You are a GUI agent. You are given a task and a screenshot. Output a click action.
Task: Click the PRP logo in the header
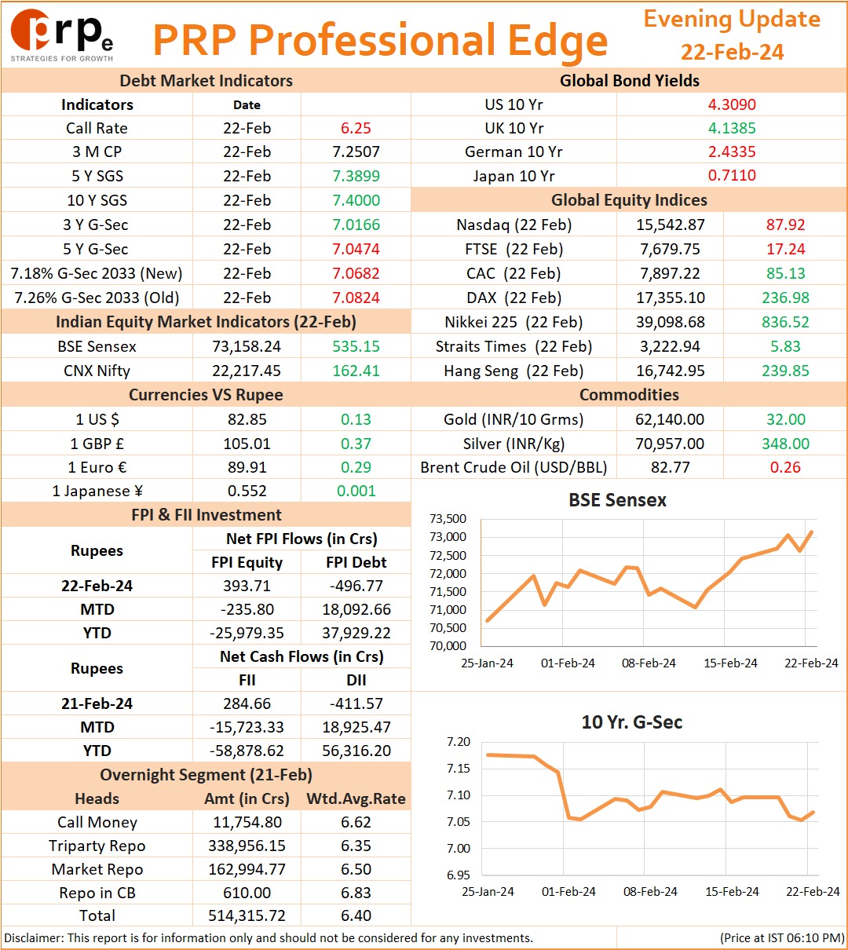(62, 35)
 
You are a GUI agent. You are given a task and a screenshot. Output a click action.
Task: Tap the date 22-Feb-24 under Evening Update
(732, 52)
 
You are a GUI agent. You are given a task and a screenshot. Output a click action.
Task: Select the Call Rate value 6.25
(356, 128)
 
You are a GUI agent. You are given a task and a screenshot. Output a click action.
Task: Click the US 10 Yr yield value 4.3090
(732, 104)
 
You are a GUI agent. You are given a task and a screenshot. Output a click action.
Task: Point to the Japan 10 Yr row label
(514, 176)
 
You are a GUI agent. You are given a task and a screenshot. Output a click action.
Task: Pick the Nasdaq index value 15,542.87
(671, 225)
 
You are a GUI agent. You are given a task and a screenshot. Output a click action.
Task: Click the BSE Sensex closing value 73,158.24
(247, 346)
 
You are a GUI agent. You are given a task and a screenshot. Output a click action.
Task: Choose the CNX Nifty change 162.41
(356, 371)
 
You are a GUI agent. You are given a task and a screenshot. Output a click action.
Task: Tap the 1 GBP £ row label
(97, 444)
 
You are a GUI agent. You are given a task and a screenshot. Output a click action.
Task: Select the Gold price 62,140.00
(670, 419)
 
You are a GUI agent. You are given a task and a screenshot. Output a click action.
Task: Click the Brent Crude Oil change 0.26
(785, 467)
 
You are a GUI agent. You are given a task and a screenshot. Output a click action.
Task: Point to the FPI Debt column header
(356, 562)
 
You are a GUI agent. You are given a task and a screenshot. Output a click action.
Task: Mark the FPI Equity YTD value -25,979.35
(247, 633)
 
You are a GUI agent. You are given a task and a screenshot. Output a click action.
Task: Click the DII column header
(356, 681)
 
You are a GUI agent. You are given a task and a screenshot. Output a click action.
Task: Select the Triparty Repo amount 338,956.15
(247, 846)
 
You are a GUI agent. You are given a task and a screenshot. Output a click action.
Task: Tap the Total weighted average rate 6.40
(356, 915)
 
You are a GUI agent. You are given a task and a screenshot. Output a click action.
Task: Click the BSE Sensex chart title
(617, 500)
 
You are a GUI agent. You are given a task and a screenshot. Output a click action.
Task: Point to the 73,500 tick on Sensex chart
(448, 519)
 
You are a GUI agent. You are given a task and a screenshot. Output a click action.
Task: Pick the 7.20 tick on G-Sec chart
(459, 742)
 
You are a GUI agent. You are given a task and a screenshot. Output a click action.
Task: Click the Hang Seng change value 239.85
(785, 371)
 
